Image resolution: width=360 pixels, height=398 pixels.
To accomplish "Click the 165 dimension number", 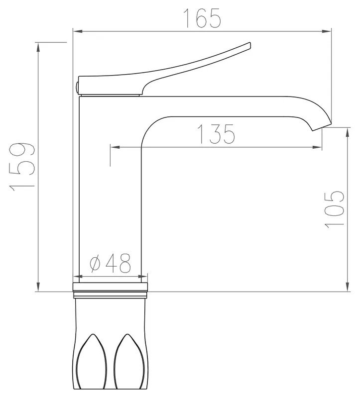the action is click(x=202, y=18).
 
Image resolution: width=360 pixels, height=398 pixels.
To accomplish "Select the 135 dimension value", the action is click(x=216, y=134).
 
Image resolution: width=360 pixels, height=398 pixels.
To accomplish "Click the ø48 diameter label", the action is click(x=111, y=263).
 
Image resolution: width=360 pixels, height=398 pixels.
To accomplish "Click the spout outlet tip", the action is click(x=322, y=127).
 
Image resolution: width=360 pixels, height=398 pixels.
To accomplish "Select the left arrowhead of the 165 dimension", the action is click(x=78, y=31).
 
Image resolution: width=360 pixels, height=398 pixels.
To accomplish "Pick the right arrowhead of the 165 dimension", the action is click(x=327, y=31).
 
